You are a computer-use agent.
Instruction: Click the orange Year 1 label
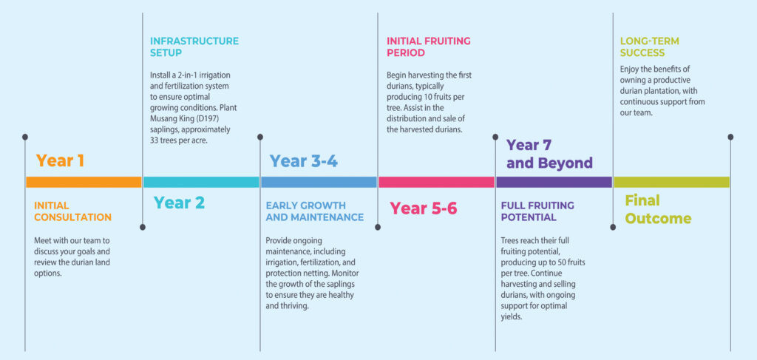(60, 160)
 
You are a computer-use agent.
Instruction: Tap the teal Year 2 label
(179, 203)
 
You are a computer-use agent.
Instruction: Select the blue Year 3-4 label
(304, 161)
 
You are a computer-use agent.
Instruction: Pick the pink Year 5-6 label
(424, 208)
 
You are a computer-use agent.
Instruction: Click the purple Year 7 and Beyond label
(549, 154)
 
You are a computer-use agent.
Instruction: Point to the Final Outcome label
(658, 209)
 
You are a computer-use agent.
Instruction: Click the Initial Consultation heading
(73, 211)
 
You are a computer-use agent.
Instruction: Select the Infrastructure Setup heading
(194, 47)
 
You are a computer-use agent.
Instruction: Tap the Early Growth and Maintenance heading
(315, 211)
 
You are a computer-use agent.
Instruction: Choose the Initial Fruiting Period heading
(429, 47)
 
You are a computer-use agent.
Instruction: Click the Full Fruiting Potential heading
(538, 211)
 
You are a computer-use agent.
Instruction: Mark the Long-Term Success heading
(650, 47)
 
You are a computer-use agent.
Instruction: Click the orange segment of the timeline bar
(84, 182)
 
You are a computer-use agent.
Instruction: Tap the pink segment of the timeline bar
(436, 182)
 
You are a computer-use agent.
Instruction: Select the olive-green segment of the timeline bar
(671, 182)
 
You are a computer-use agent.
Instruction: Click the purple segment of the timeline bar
(554, 182)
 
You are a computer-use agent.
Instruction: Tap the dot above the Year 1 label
(25, 137)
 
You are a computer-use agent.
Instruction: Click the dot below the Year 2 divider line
(143, 227)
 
